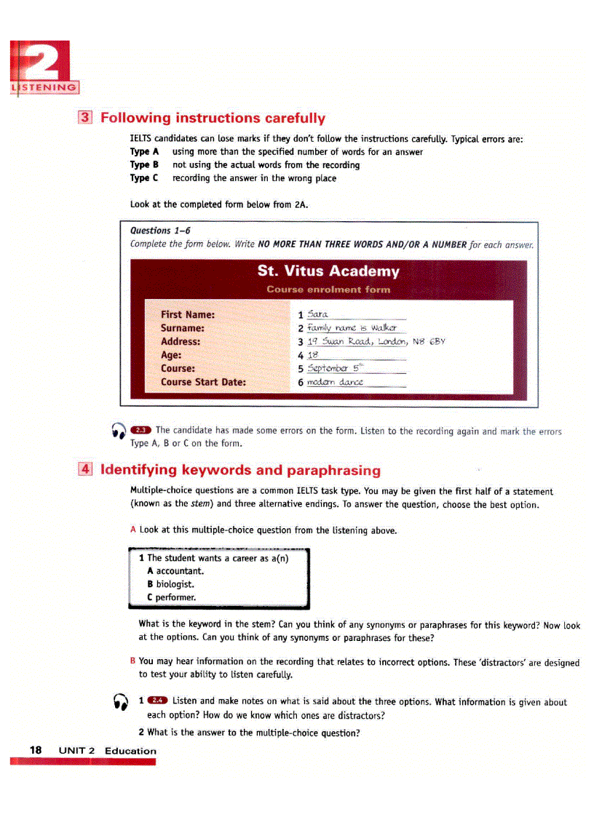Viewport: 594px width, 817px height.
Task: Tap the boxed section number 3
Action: click(85, 118)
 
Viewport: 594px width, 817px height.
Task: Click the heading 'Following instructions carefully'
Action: click(213, 118)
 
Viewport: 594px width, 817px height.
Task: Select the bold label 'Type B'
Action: click(144, 165)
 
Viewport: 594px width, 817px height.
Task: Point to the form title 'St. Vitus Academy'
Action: click(328, 271)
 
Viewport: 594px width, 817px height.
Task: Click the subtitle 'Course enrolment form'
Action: click(328, 290)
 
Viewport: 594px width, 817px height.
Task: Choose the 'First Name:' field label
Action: click(188, 315)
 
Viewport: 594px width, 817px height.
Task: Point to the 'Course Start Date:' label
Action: click(203, 382)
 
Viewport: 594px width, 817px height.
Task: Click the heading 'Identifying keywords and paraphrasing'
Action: click(240, 470)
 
